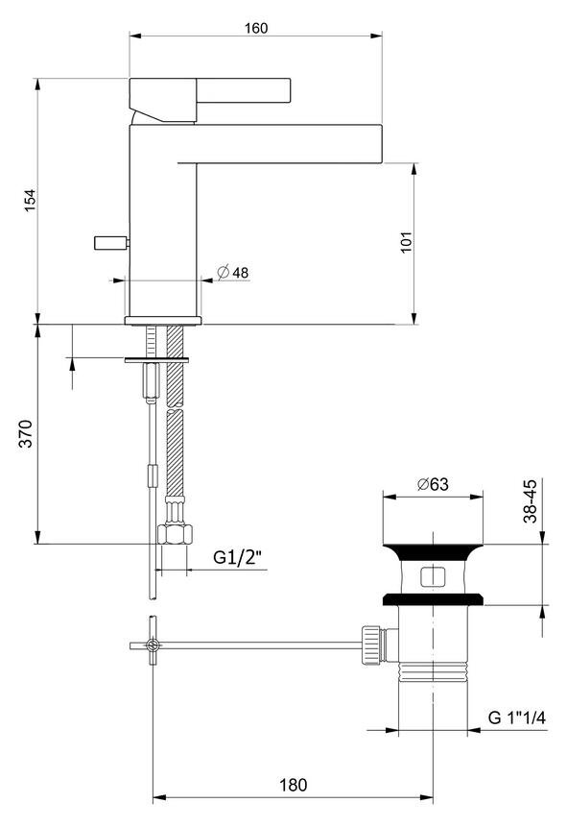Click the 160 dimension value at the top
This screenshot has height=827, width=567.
256,28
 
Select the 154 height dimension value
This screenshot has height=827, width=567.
30,201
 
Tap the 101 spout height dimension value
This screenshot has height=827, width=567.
406,242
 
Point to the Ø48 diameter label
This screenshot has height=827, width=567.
233,272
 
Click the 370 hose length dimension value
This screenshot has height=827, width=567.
26,433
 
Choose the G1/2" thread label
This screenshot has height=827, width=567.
238,557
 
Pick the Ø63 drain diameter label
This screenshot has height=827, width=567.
433,484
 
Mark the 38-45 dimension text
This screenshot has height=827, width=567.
530,501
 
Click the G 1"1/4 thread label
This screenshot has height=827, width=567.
517,718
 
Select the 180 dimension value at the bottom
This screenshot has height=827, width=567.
293,785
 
